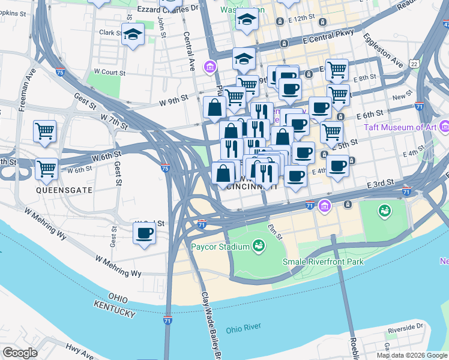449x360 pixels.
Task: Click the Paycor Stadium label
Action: tap(220, 247)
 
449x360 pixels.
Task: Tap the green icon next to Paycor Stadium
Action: tap(259, 245)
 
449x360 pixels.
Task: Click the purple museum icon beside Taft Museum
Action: tap(444, 127)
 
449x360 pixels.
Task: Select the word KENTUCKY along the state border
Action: tap(114, 310)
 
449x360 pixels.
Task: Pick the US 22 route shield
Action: tap(414, 63)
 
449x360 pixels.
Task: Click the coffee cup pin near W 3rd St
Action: tap(144, 233)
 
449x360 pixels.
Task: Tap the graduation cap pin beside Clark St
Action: tap(132, 35)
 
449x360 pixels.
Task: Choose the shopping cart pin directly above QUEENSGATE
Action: tap(46, 168)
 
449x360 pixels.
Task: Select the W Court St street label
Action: tap(108, 73)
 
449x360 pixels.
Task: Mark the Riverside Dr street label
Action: tap(406, 328)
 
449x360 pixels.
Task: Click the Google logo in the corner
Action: tap(20, 353)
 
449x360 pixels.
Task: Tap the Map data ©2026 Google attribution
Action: tap(411, 355)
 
